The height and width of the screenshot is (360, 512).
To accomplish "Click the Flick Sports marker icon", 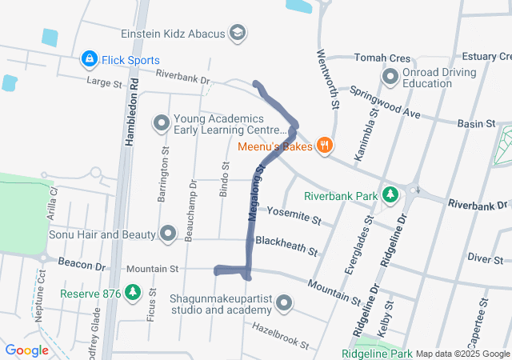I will tap(89, 59).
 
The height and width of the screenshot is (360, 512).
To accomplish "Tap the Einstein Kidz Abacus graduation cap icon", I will tap(237, 33).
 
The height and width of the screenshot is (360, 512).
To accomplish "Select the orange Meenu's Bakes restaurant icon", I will tap(324, 146).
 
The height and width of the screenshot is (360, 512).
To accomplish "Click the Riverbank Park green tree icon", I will tap(390, 194).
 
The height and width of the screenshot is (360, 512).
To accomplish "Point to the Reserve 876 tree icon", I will tap(132, 294).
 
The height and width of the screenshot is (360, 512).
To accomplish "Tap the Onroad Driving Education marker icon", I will tap(390, 78).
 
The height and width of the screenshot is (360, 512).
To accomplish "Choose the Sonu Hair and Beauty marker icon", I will tap(168, 234).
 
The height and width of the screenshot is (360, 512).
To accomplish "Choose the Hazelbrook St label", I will tap(280, 335).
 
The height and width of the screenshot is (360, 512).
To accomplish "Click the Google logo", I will tap(27, 350).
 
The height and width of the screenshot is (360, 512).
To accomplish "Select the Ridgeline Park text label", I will tap(377, 354).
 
